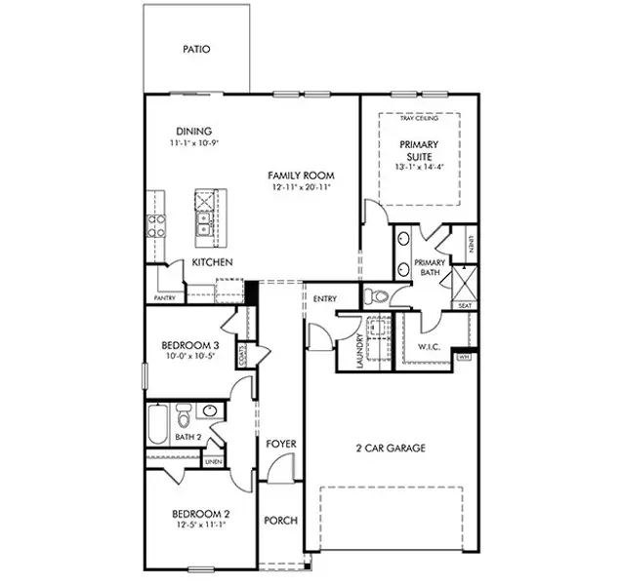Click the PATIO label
(x=196, y=49)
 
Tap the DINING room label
(x=194, y=132)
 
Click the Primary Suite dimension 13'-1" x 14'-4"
(x=419, y=166)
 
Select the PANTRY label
(x=164, y=298)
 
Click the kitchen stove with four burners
(x=157, y=227)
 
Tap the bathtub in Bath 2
(x=157, y=425)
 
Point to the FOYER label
(x=281, y=445)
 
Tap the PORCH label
(x=281, y=521)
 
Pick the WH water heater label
(x=465, y=357)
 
